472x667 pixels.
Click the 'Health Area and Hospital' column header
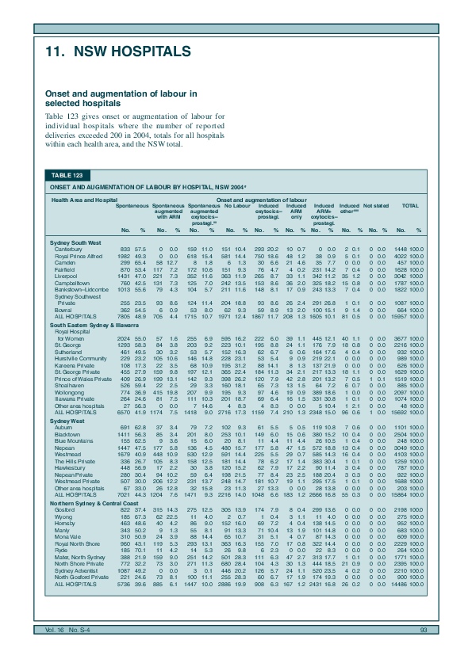(84, 200)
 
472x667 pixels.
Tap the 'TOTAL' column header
(410, 205)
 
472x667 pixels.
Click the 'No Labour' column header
(238, 205)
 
